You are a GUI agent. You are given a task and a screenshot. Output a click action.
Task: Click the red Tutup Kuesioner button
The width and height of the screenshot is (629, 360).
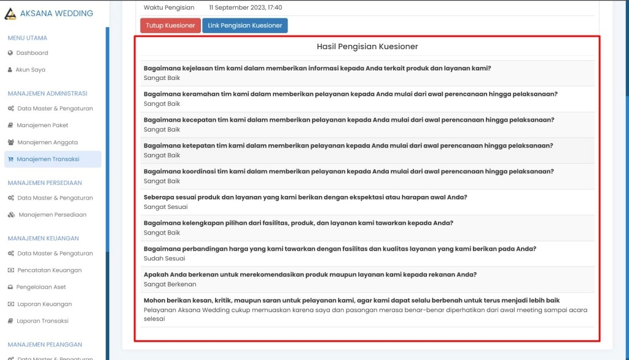[170, 26]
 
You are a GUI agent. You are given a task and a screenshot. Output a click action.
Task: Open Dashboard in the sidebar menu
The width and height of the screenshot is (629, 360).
[32, 53]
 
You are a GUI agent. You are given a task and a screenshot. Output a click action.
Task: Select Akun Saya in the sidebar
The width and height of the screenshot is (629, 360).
[30, 70]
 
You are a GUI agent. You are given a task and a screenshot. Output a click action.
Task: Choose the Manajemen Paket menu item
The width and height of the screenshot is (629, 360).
[42, 125]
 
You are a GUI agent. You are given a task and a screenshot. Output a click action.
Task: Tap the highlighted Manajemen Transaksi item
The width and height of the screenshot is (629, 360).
[48, 159]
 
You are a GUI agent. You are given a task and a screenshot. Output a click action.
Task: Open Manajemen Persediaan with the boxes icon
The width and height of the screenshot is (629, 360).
[52, 215]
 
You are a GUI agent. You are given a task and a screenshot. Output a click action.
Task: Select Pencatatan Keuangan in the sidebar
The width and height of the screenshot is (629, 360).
[49, 270]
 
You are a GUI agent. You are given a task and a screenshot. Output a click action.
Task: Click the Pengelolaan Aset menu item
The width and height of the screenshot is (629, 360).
[41, 287]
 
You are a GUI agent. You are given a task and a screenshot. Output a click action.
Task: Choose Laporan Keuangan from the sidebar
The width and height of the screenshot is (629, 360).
[44, 304]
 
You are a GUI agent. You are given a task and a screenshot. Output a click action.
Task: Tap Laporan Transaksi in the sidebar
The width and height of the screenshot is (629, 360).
[42, 321]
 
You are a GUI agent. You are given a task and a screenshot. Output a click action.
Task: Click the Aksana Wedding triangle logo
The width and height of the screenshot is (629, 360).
[10, 14]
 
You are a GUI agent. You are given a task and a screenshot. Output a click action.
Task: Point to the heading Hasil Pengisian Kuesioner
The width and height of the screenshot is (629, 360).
[367, 47]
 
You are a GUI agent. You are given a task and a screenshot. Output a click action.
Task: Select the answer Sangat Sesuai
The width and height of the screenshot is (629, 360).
[165, 207]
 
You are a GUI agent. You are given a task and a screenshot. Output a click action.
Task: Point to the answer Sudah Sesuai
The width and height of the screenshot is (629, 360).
[164, 259]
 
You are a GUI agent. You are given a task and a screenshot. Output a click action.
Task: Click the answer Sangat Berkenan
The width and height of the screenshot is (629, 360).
[170, 284]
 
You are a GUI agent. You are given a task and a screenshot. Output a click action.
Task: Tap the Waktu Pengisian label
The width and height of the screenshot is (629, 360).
[169, 8]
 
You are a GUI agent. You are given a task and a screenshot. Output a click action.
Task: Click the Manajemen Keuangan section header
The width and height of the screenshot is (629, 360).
[43, 238]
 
